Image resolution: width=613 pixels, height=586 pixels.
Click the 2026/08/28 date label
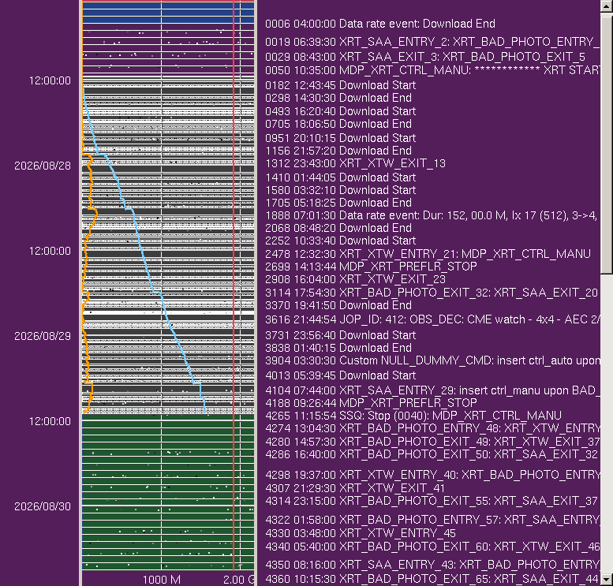(x=43, y=166)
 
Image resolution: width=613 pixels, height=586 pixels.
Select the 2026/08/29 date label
(x=43, y=336)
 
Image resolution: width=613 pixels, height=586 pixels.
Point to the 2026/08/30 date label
(x=43, y=506)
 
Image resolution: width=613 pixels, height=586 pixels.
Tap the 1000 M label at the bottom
(x=162, y=580)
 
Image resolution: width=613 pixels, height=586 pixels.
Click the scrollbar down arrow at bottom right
(x=607, y=580)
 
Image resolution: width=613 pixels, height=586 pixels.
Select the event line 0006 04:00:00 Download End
(x=380, y=24)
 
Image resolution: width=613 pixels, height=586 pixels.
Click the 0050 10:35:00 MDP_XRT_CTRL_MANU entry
(x=432, y=70)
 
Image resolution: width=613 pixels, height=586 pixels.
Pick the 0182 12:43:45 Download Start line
(x=340, y=85)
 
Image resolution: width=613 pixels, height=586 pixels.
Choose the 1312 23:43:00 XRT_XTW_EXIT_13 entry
(x=355, y=163)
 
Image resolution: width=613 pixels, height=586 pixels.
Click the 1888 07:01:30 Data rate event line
(x=432, y=215)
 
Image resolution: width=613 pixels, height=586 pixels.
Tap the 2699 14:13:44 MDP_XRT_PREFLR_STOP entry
(x=371, y=267)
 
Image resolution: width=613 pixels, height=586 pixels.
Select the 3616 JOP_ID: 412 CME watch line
(x=432, y=319)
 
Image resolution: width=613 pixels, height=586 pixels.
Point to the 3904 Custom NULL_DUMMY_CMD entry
(x=432, y=360)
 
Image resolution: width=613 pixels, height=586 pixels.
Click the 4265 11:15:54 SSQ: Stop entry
(x=413, y=415)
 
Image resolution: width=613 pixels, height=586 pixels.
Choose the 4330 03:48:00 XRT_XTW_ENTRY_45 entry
(x=361, y=533)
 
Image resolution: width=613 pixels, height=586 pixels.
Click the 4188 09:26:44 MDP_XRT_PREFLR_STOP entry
(x=371, y=403)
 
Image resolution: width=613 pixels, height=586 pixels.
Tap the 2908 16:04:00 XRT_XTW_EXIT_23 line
(x=355, y=279)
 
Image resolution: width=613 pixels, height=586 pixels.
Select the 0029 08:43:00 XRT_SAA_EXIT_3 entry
(x=425, y=57)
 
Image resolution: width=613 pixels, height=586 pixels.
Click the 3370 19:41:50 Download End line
(x=338, y=305)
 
